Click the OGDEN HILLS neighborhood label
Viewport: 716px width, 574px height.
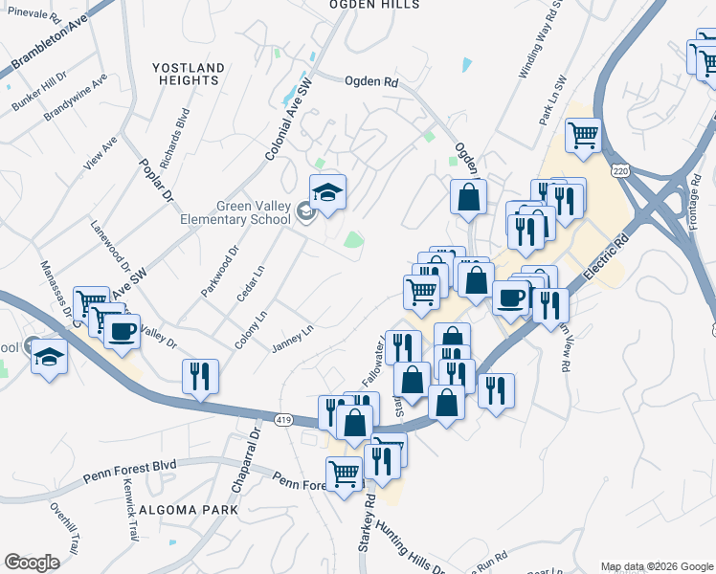point(373,5)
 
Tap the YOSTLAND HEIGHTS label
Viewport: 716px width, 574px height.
point(189,74)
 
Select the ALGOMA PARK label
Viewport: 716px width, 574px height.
point(188,510)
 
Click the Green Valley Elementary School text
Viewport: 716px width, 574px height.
point(239,212)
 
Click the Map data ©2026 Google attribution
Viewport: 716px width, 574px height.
point(656,566)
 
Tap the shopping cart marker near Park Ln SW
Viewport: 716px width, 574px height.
point(583,135)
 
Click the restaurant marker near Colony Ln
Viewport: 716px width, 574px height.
point(200,376)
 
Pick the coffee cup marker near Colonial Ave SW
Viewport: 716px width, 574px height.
point(122,332)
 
